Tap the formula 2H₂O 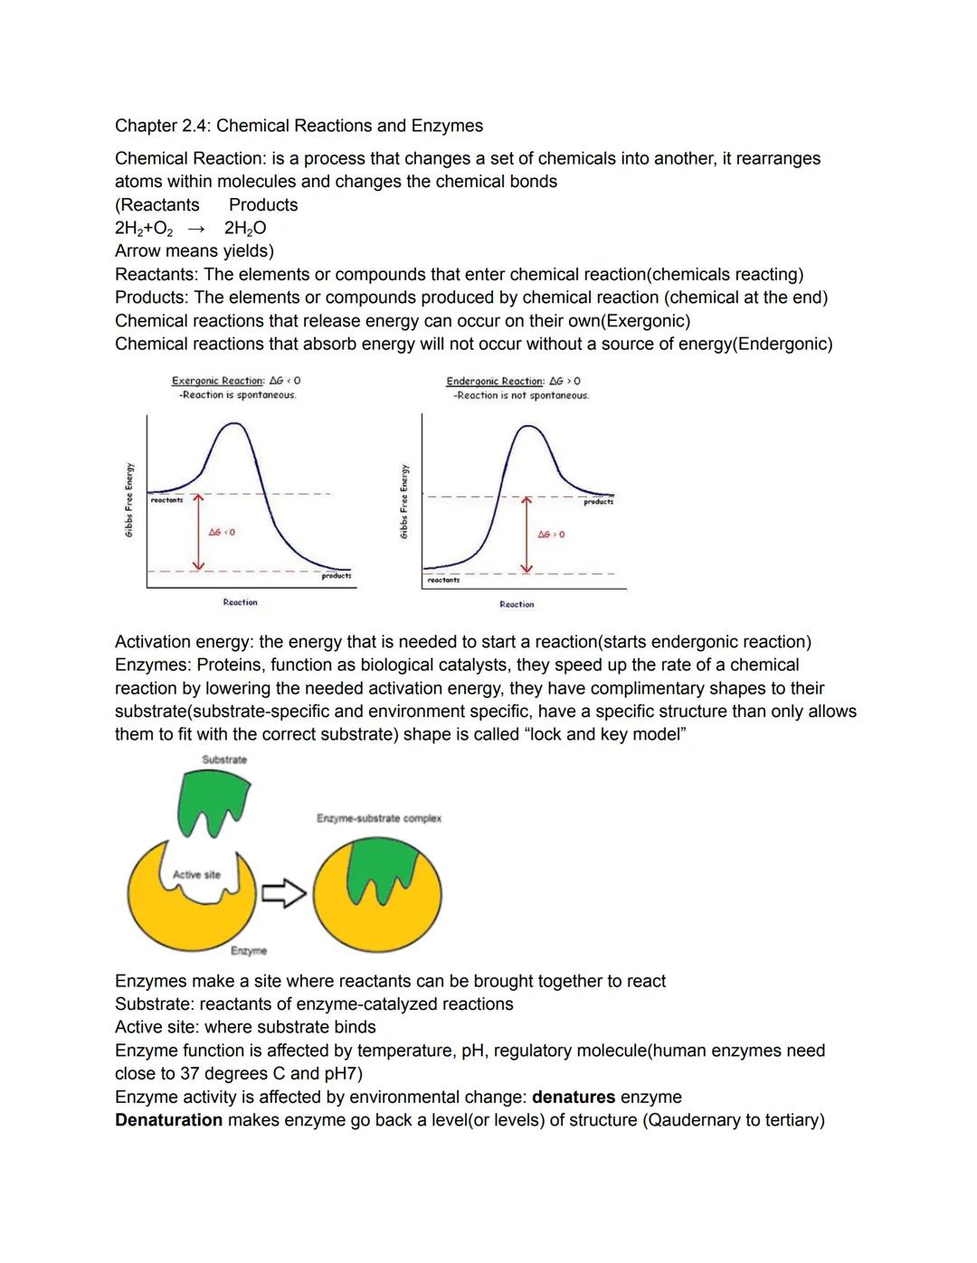point(245,229)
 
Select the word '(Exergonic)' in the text point(641,321)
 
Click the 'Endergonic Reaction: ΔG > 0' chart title point(513,382)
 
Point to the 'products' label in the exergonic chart point(337,576)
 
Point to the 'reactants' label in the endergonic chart point(443,580)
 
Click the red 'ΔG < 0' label point(222,533)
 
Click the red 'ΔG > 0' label point(551,534)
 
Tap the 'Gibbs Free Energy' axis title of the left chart point(129,502)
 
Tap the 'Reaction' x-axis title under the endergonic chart point(517,604)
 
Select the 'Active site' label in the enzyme point(196,874)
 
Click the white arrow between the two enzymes point(284,895)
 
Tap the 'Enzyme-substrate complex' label point(379,818)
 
